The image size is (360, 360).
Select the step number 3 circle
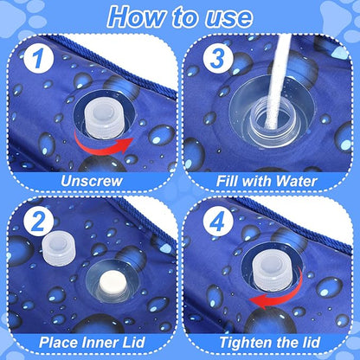(218, 59)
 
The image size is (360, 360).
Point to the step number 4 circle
(218, 222)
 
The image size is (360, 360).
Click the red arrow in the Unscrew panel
(103, 146)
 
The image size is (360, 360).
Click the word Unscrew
(92, 181)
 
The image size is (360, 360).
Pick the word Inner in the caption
(97, 343)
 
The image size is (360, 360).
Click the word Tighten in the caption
(242, 343)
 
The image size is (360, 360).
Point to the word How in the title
(137, 17)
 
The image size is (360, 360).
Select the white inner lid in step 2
(112, 283)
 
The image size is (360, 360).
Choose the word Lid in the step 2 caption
(131, 343)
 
